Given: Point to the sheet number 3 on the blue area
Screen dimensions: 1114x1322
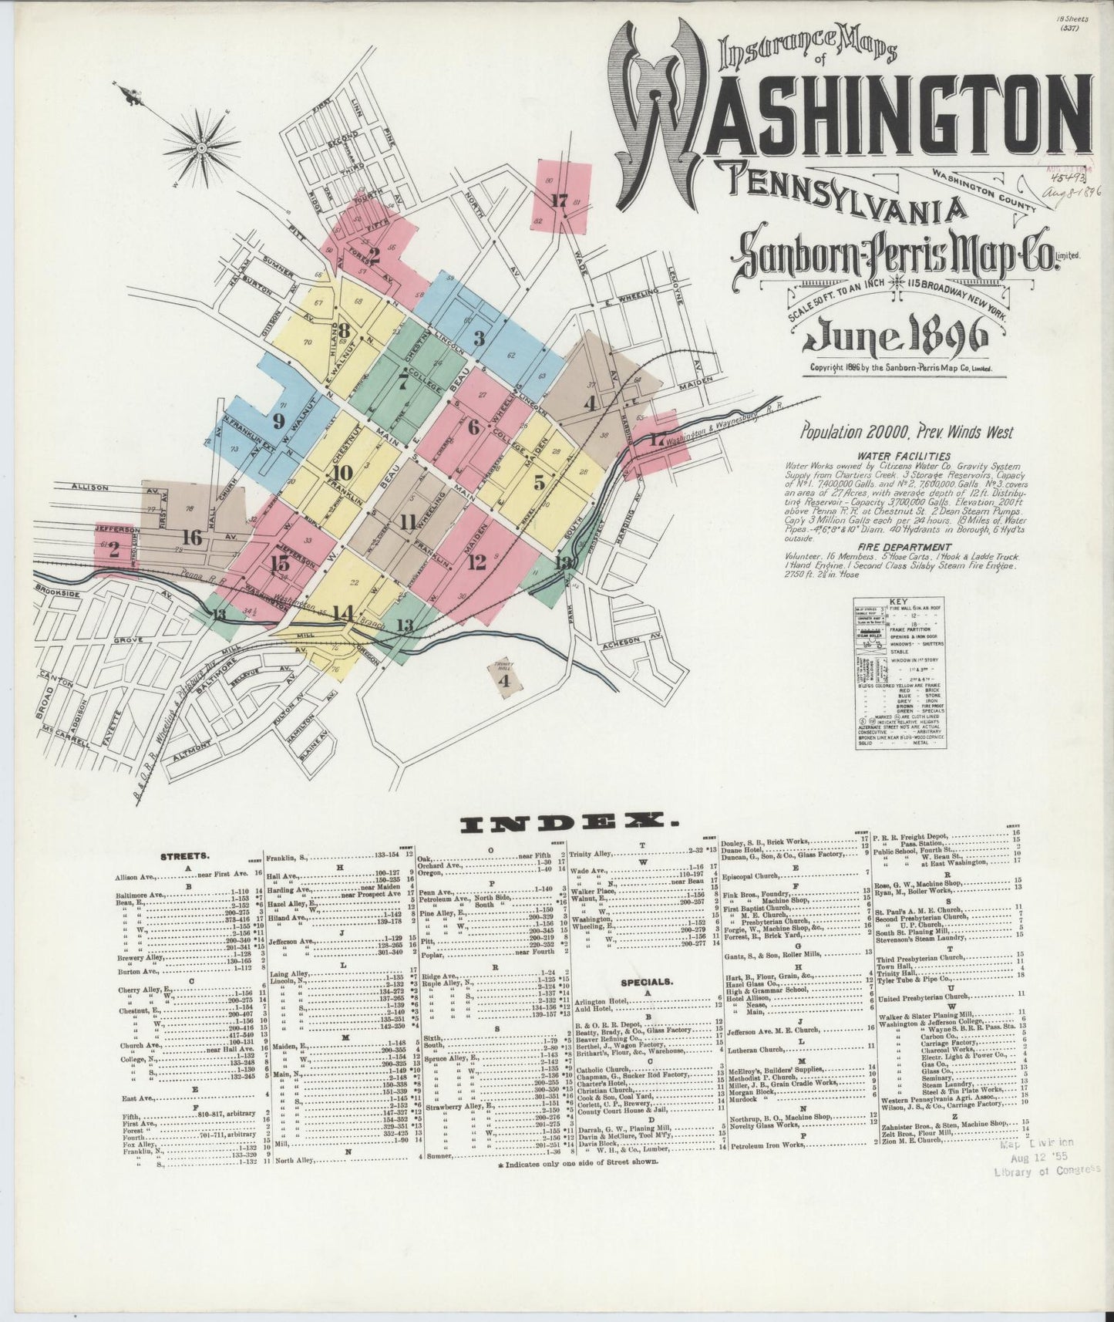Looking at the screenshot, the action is [x=478, y=338].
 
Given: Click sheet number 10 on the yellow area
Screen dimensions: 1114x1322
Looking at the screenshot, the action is [x=343, y=473].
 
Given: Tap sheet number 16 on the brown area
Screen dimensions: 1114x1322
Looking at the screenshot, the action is [x=192, y=538].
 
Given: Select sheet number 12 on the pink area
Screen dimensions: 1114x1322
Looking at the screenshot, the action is [x=476, y=562].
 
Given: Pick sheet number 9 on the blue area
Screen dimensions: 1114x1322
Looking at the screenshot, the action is [x=278, y=420].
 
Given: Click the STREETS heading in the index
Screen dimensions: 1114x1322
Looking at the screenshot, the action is [x=180, y=856].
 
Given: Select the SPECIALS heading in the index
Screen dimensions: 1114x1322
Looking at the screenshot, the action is [x=646, y=983].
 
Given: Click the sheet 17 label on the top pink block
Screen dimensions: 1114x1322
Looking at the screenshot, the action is [x=559, y=202].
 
